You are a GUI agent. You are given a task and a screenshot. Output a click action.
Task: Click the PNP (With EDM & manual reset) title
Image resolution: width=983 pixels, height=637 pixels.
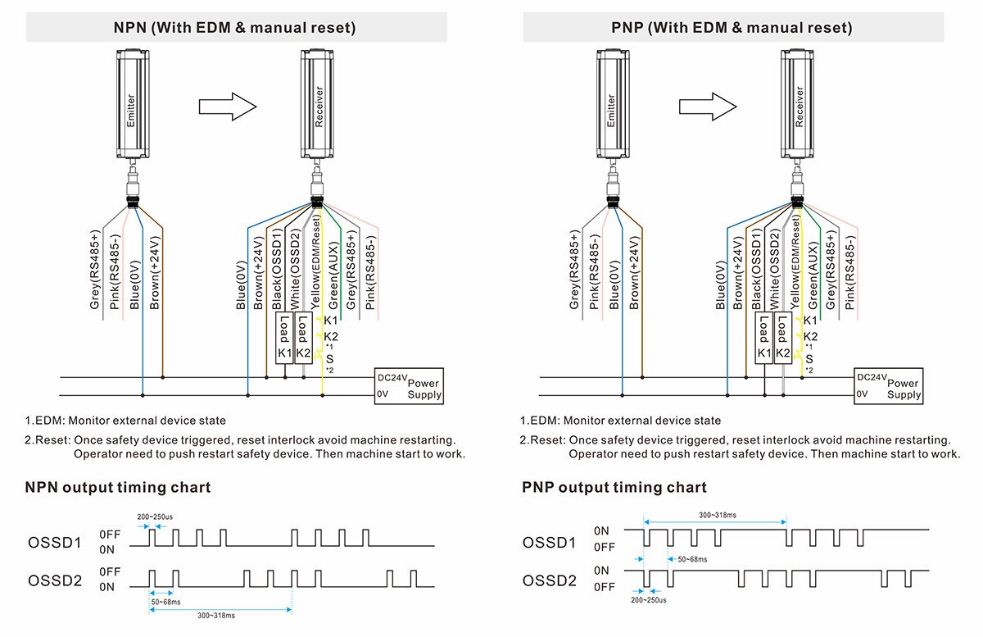click(x=732, y=28)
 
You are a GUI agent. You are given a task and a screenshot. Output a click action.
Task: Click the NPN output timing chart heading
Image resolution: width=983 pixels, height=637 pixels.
click(x=118, y=488)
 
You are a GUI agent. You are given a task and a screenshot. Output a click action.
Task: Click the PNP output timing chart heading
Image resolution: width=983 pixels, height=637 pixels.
click(x=614, y=488)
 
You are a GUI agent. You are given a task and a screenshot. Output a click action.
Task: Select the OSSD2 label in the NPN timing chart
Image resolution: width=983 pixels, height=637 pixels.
click(x=56, y=580)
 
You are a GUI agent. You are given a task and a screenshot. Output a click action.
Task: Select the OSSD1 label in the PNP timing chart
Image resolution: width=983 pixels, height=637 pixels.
click(x=550, y=543)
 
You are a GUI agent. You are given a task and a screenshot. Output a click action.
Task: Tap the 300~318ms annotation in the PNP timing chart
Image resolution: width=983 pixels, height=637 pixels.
click(x=717, y=515)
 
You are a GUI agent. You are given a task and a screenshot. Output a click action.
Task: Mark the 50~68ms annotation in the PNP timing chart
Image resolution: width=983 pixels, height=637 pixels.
click(x=687, y=559)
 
